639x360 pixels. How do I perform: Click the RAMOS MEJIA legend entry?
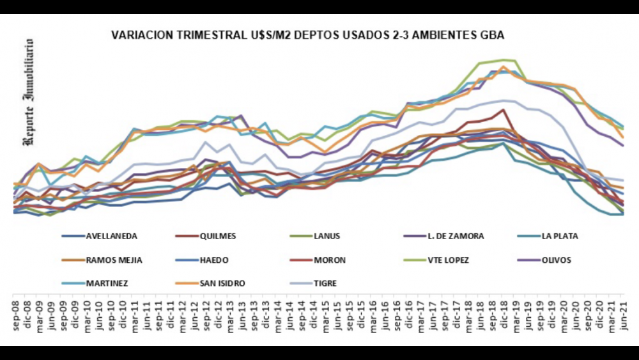coord(114,260)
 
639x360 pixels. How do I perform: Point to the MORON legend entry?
coord(329,260)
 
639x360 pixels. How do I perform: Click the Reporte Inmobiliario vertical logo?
coord(29,93)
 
